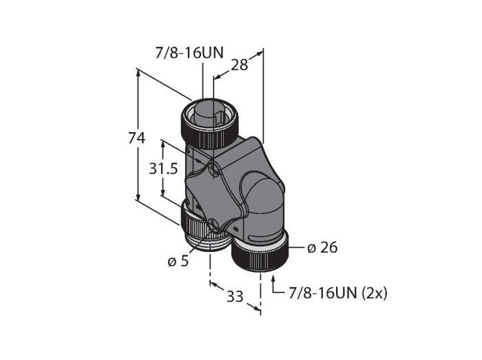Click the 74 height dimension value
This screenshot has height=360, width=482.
(x=136, y=138)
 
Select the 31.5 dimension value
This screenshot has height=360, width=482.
(x=163, y=169)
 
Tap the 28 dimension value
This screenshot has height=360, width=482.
(x=239, y=65)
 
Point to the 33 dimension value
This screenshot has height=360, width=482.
(x=235, y=297)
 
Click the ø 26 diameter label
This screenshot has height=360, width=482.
(x=322, y=247)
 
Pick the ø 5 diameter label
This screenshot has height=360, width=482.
(x=178, y=261)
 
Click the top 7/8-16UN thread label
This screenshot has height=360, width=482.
(x=189, y=53)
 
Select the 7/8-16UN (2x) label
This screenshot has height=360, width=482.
(x=338, y=293)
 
